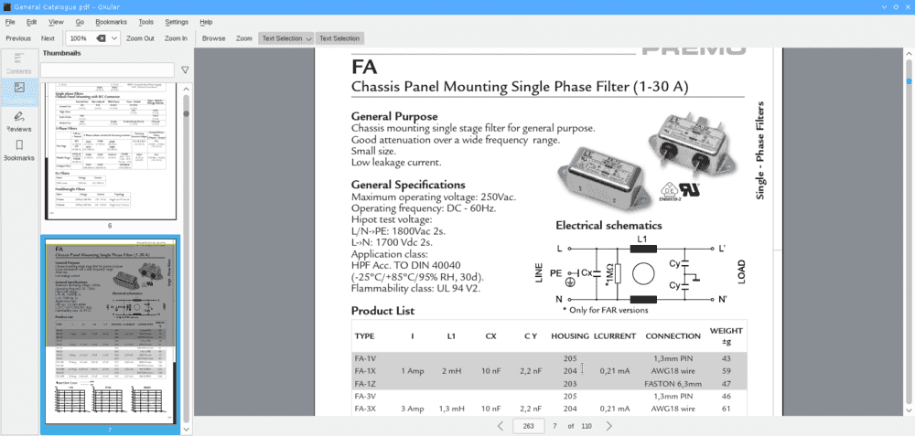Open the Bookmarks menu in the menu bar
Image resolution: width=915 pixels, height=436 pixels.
click(x=111, y=21)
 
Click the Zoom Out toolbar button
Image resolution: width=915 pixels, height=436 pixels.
click(x=140, y=38)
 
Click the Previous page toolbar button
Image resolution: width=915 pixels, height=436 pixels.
click(x=18, y=38)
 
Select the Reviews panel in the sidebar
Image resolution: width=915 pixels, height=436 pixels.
click(x=19, y=121)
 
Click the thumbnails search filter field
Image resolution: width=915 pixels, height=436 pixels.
click(x=107, y=69)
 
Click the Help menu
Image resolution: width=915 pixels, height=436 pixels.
click(x=206, y=21)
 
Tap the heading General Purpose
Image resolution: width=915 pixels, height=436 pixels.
click(x=393, y=116)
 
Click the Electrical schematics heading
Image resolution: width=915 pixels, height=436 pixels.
click(x=608, y=224)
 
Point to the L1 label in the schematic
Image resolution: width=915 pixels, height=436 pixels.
click(x=641, y=239)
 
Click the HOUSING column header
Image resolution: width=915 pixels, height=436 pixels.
click(x=570, y=335)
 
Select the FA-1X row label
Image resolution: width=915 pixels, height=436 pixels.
click(x=365, y=370)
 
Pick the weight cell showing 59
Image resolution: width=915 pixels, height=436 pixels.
click(x=727, y=370)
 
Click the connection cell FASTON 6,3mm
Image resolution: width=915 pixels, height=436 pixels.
click(x=676, y=384)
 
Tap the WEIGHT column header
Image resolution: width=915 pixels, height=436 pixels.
click(x=727, y=335)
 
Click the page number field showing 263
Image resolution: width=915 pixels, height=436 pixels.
click(x=528, y=426)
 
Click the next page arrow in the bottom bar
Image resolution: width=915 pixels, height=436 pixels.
click(x=609, y=426)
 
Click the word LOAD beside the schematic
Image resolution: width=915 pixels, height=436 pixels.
click(x=742, y=272)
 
